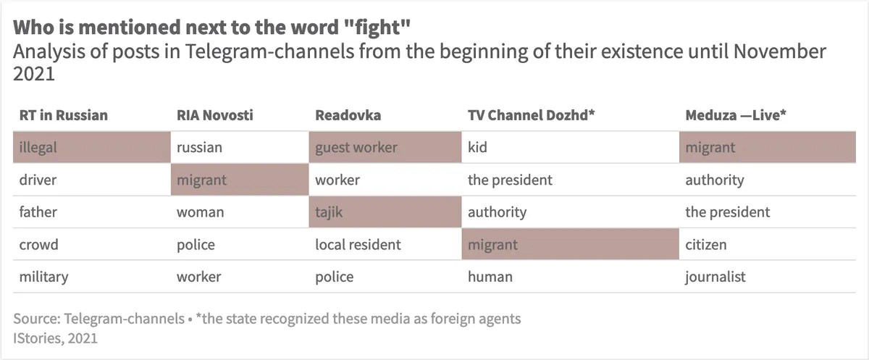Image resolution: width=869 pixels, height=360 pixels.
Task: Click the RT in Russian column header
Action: [63, 114]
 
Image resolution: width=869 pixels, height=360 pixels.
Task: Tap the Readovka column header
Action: [348, 114]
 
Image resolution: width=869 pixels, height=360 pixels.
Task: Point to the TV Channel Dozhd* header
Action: [532, 114]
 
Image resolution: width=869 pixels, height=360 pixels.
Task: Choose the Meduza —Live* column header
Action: [735, 114]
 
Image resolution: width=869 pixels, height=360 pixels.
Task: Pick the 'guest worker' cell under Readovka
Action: [385, 147]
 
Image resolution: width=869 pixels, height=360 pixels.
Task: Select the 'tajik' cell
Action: [385, 212]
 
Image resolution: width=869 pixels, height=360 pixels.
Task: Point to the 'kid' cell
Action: [478, 147]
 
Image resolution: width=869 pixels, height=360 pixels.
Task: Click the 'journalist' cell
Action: [715, 277]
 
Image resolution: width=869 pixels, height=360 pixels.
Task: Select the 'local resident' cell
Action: [358, 245]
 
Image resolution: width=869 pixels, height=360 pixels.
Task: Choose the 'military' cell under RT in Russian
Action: [43, 277]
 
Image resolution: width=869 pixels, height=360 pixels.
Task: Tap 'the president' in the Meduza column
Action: [728, 212]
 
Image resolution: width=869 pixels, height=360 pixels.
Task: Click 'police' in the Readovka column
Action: [335, 277]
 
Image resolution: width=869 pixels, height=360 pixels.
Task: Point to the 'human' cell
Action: [490, 277]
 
